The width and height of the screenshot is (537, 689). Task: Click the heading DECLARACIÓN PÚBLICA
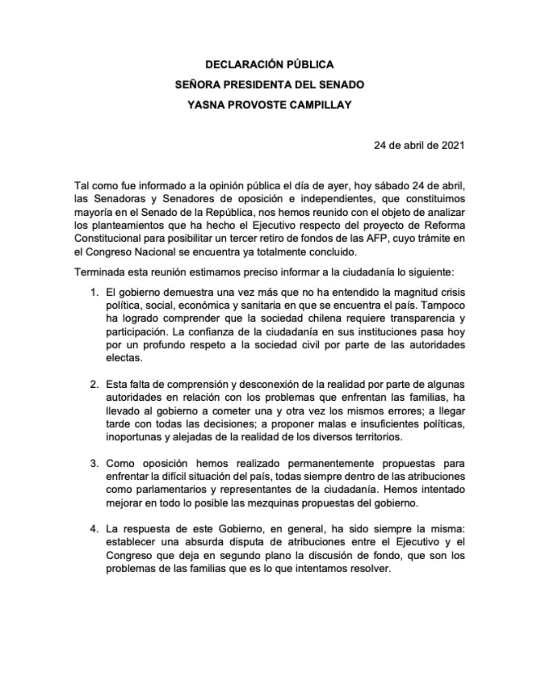tap(269, 65)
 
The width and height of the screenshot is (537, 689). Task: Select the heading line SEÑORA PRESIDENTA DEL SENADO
tap(269, 85)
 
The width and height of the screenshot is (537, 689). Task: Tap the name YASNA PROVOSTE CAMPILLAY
tap(269, 105)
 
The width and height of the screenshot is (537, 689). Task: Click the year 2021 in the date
tap(452, 146)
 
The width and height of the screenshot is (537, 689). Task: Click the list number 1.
tap(93, 292)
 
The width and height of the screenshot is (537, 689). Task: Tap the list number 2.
tap(93, 384)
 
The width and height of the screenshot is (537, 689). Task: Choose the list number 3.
tap(93, 463)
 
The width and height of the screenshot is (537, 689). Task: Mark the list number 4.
tap(93, 529)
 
